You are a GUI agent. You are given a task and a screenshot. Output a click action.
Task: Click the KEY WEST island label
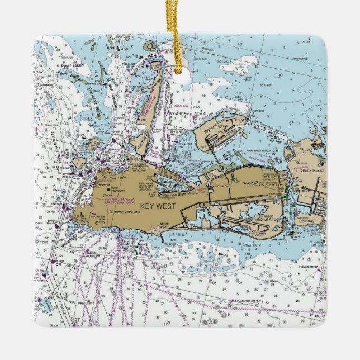tap(158, 206)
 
